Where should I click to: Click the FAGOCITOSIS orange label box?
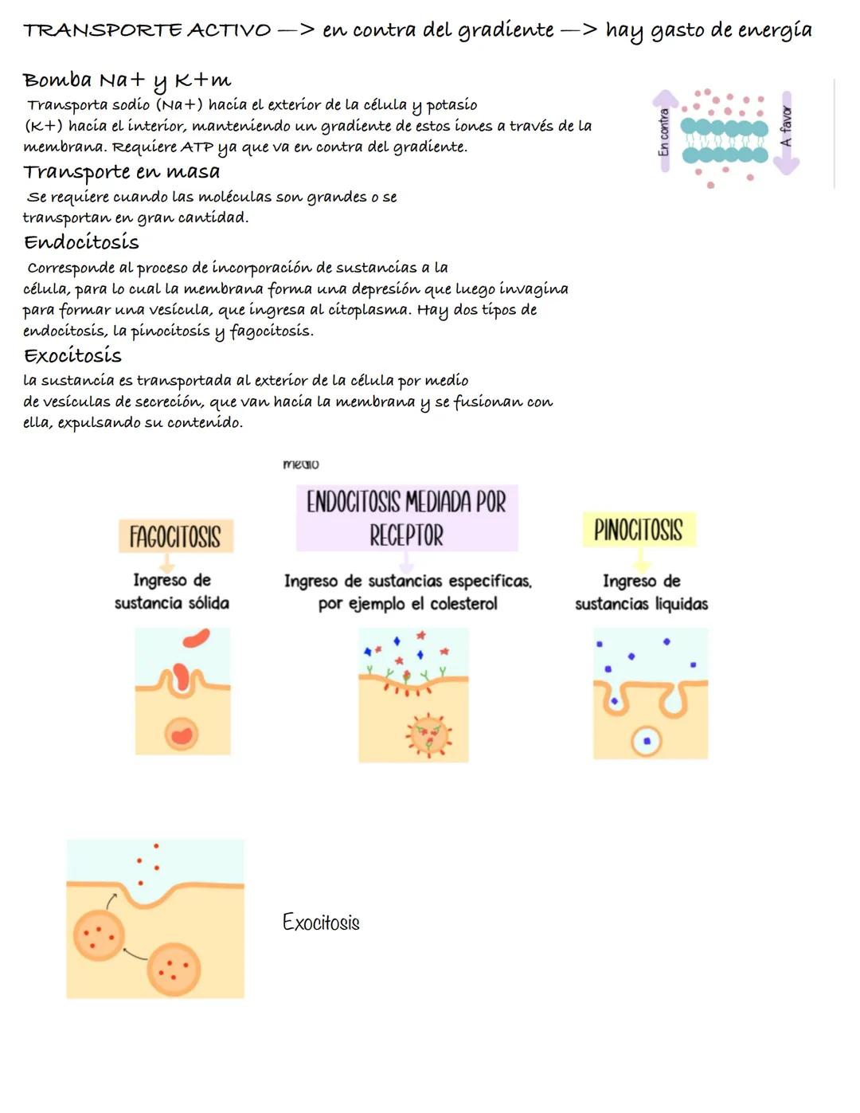(x=176, y=536)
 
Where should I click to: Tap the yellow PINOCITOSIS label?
(x=639, y=529)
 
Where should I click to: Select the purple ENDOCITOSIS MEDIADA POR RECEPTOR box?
(x=407, y=518)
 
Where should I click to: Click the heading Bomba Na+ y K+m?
(x=127, y=81)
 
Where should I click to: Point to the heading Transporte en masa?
(x=121, y=172)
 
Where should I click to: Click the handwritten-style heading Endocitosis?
(x=81, y=242)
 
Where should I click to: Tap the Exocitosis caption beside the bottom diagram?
(x=321, y=922)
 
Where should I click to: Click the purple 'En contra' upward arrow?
(x=665, y=131)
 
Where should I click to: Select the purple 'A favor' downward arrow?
(x=786, y=133)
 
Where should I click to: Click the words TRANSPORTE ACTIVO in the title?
(x=147, y=30)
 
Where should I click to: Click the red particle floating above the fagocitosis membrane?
(x=197, y=638)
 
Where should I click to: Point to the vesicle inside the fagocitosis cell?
(x=182, y=734)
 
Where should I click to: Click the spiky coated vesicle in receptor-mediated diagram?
(x=429, y=736)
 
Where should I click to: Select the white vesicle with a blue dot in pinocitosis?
(x=647, y=741)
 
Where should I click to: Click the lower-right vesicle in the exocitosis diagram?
(x=174, y=970)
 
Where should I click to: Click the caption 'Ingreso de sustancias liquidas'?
(x=642, y=592)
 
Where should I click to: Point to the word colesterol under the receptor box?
(x=463, y=603)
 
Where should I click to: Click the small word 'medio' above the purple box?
(x=301, y=464)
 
